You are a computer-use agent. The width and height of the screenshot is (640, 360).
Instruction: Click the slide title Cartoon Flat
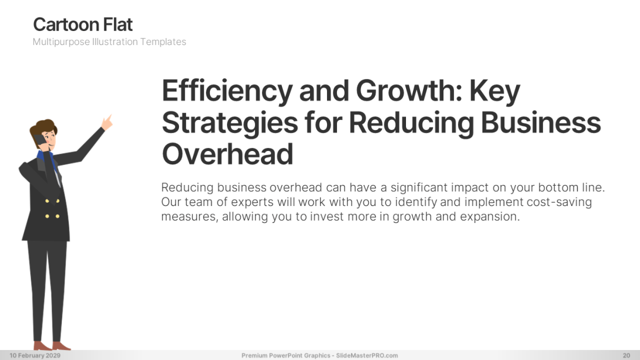[x=83, y=25]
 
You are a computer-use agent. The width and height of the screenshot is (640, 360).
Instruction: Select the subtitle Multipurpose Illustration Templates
[x=109, y=42]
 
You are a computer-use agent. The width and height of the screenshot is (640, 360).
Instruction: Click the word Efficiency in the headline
[x=227, y=91]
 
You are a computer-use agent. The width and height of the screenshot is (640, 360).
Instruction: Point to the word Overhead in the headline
[x=228, y=154]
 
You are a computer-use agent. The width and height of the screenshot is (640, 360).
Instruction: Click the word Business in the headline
[x=541, y=122]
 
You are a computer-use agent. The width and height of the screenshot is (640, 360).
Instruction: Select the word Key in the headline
[x=495, y=91]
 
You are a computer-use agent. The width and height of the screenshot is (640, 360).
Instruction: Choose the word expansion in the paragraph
[x=490, y=217]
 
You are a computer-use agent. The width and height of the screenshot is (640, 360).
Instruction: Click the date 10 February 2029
[x=35, y=355]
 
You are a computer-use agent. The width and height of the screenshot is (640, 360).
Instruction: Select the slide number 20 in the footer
[x=627, y=355]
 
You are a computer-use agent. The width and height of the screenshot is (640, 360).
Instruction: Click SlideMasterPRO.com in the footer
[x=367, y=355]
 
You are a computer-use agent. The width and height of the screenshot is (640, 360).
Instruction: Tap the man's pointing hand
[x=107, y=122]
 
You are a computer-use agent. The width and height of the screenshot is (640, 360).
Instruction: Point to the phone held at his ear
[x=39, y=140]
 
